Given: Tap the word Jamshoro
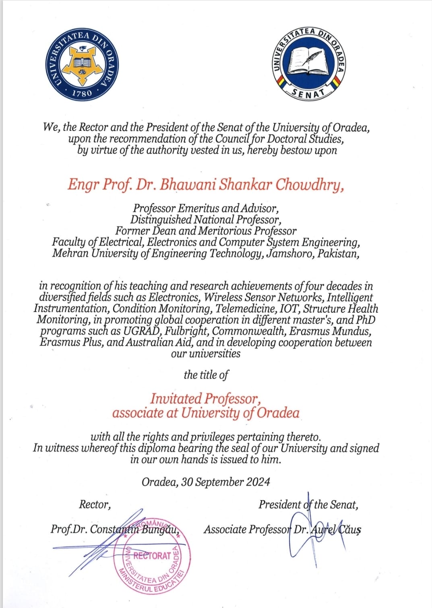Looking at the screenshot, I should pos(291,254).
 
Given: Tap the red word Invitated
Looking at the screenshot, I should pos(176,399).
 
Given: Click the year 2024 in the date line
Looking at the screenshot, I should pos(258,482).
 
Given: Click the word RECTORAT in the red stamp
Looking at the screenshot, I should pos(152,556).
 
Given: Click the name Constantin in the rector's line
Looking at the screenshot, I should pos(113,529).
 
